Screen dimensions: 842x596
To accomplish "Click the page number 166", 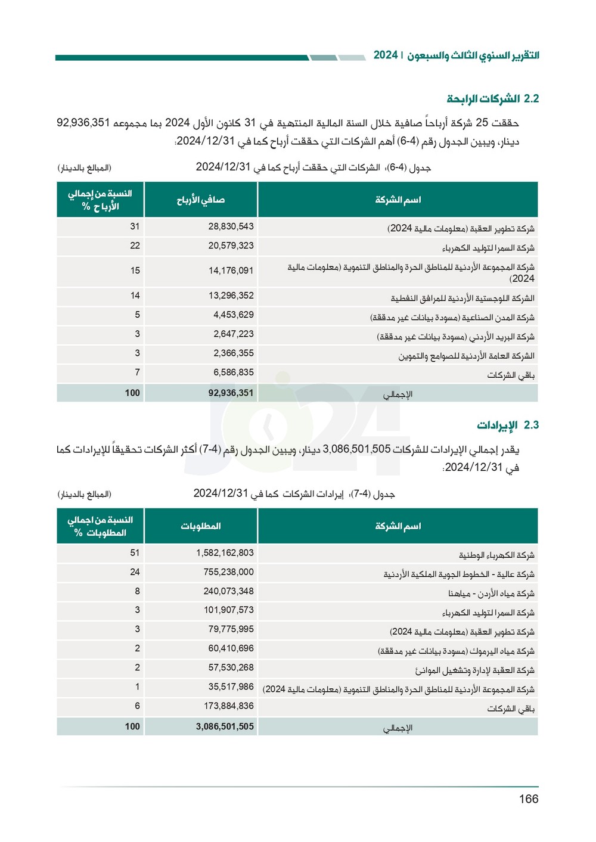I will click(x=528, y=799).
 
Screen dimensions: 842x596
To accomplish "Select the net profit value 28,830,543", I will click(x=231, y=226).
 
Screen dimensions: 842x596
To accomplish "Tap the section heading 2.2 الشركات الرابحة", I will click(x=493, y=99).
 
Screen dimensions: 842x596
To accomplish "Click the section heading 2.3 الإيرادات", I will click(x=507, y=425).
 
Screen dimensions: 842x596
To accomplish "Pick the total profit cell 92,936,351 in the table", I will click(x=231, y=393).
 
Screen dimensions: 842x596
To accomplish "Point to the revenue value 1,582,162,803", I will click(x=225, y=553).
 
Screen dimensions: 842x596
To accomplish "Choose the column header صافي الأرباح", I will click(x=200, y=200).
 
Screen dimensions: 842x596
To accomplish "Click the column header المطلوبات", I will click(x=200, y=526).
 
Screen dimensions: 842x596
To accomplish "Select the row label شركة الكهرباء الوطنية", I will click(x=496, y=555).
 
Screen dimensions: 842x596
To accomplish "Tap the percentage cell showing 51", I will click(x=135, y=553).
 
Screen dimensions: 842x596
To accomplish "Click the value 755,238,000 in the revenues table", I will click(x=228, y=572).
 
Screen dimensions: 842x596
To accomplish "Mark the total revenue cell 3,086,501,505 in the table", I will click(x=225, y=727).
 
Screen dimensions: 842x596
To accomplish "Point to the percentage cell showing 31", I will click(x=135, y=226).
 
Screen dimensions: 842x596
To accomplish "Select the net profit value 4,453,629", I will click(x=233, y=315).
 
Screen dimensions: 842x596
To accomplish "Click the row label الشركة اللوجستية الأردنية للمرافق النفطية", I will click(x=462, y=298).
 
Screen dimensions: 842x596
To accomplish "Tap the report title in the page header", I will click(x=456, y=55).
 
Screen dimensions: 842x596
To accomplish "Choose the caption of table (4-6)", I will click(x=313, y=167).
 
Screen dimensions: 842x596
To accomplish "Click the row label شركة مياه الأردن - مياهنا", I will click(x=491, y=594).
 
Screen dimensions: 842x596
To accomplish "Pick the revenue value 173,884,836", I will click(x=228, y=706).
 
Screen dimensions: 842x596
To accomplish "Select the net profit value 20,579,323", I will click(x=231, y=246).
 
